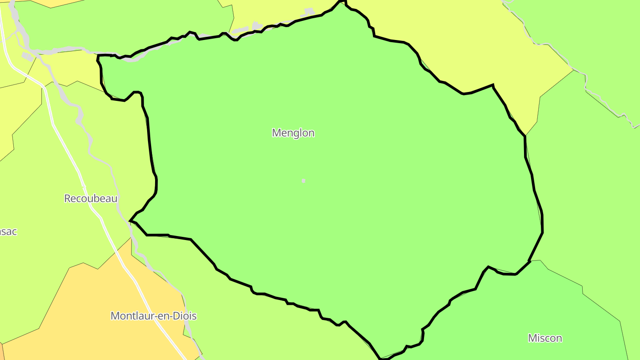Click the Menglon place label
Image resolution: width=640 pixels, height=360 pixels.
(x=293, y=133)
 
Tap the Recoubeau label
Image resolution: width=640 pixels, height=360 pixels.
(x=91, y=198)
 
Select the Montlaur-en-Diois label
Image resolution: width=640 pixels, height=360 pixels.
(x=153, y=316)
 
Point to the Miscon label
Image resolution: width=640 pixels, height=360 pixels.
(x=545, y=338)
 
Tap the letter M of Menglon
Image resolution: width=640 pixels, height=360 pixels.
(x=276, y=133)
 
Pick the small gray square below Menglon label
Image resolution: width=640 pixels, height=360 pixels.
(x=304, y=181)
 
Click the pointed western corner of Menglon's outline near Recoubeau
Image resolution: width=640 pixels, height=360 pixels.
(x=130, y=220)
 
